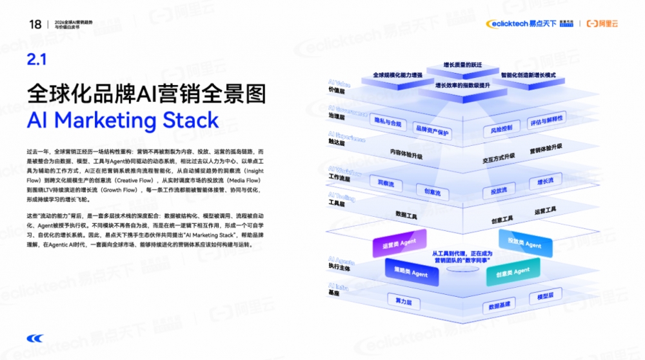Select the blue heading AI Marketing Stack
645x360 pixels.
tap(123, 121)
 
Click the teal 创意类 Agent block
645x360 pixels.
tap(513, 272)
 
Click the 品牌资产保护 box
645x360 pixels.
tap(432, 132)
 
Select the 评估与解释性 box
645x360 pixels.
tap(546, 120)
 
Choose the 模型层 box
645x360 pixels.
tap(541, 297)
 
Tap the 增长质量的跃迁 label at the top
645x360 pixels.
tap(462, 65)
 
